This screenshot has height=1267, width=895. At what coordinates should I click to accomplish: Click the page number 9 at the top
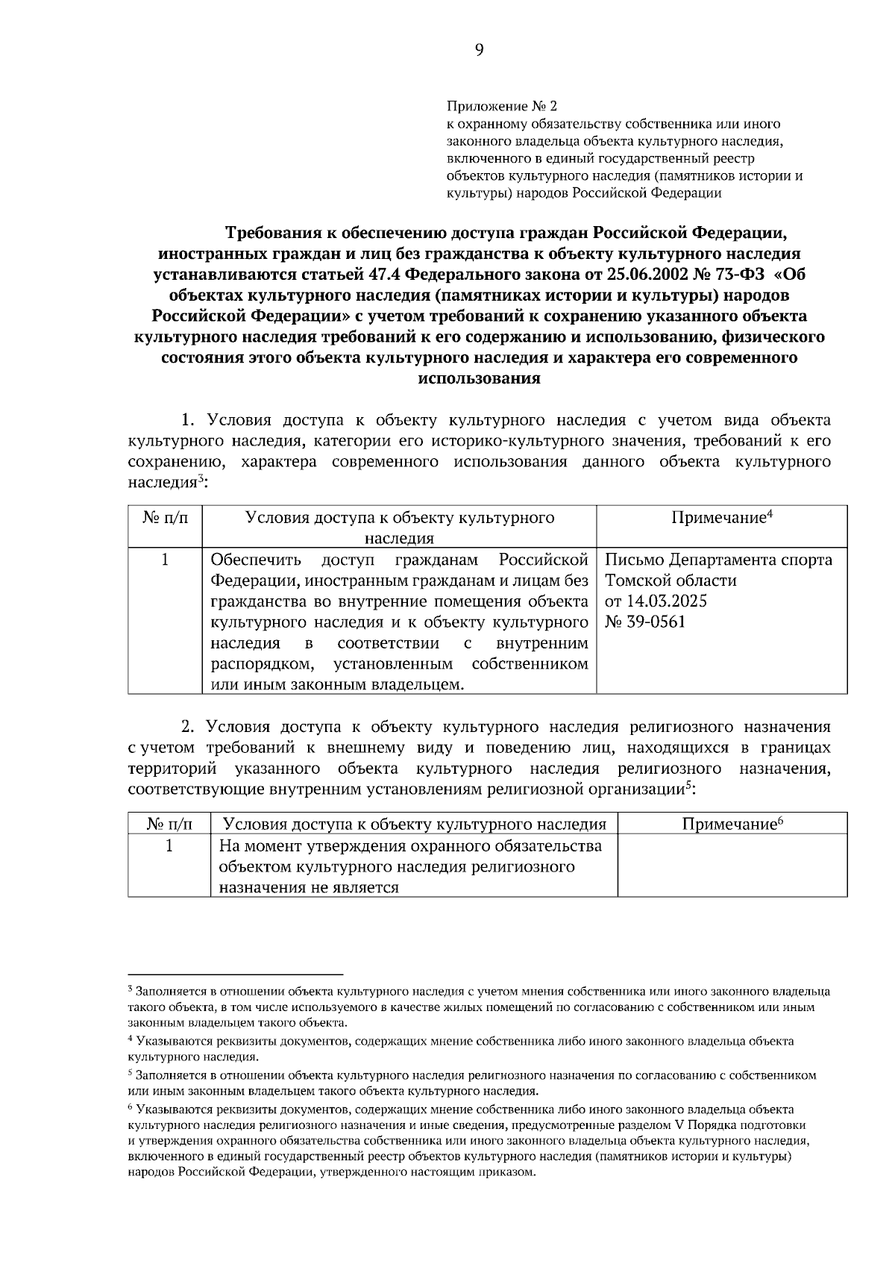click(x=478, y=50)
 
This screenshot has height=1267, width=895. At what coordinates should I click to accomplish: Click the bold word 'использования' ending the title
click(x=478, y=378)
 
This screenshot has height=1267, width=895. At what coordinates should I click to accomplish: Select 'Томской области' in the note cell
click(x=670, y=580)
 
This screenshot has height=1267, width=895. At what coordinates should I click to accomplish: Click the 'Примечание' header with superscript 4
click(x=720, y=518)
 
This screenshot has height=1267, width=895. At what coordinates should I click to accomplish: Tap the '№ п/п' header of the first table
click(x=165, y=518)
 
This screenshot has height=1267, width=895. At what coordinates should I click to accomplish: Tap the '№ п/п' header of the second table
click(x=169, y=824)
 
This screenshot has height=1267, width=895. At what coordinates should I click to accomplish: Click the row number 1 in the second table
click(x=169, y=845)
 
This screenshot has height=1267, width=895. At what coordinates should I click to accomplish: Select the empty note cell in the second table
click(x=732, y=866)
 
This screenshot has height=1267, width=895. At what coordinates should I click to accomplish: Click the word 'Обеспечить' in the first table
click(x=256, y=560)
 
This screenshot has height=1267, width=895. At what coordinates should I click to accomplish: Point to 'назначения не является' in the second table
click(x=308, y=887)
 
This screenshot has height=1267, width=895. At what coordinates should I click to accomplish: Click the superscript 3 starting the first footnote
click(x=131, y=989)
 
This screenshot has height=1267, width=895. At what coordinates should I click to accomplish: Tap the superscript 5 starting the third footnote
click(x=131, y=1073)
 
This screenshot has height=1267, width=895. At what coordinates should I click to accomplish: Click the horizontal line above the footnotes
click(x=235, y=974)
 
